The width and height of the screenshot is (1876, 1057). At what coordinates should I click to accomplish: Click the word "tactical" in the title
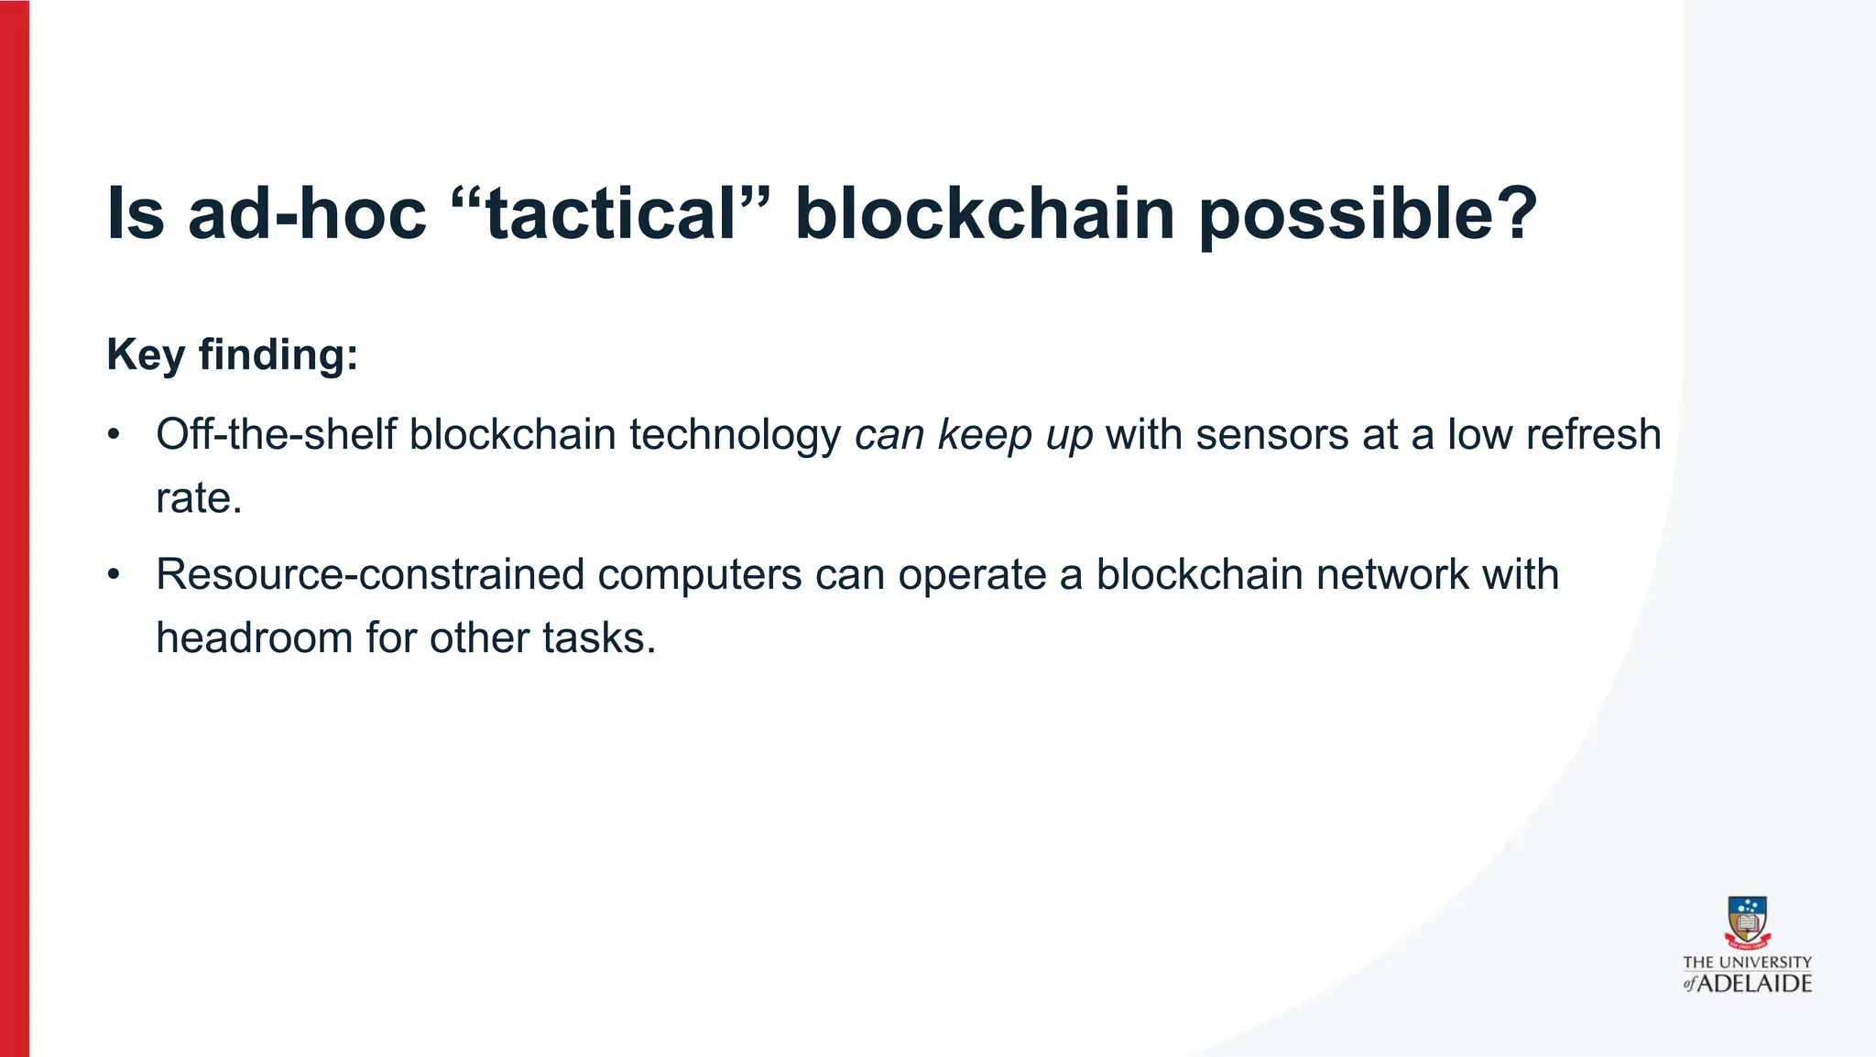coord(611,214)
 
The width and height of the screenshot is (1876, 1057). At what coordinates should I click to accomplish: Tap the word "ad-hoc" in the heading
coord(307,214)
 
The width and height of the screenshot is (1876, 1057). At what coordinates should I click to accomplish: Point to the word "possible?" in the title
coord(1369,216)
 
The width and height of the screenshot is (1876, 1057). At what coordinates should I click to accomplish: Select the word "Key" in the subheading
coord(146,355)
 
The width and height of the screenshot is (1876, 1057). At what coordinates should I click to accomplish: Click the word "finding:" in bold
coord(278,355)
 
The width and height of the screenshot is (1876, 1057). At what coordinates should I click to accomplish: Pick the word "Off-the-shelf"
coord(276,434)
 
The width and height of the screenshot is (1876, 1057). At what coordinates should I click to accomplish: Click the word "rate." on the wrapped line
coord(199,498)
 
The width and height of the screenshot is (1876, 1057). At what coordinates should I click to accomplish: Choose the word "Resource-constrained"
coord(370,575)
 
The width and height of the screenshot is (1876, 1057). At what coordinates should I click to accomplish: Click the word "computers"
coord(700,575)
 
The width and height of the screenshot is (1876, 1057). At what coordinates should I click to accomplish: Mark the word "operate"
coord(972,575)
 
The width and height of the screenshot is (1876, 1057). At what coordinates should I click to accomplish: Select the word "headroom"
coord(254,638)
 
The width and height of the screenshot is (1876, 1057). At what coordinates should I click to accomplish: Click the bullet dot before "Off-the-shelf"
coord(114,434)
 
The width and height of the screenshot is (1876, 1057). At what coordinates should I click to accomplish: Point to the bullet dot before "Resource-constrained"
coord(114,575)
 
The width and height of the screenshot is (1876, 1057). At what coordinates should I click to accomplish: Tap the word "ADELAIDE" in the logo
coord(1755,984)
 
